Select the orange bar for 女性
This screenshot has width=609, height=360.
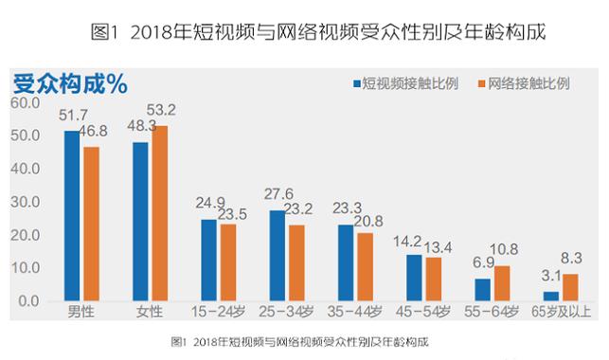pyautogui.click(x=160, y=213)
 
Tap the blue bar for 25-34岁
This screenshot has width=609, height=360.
pyautogui.click(x=277, y=256)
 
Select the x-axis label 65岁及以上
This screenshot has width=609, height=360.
pyautogui.click(x=559, y=314)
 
